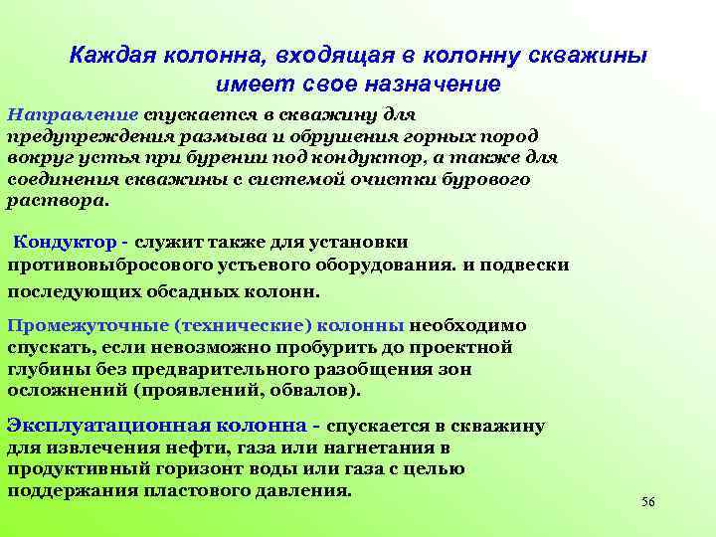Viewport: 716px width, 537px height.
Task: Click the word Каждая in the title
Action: (105, 56)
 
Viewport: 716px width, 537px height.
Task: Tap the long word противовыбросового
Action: (103, 266)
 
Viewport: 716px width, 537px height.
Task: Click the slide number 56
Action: (648, 502)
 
